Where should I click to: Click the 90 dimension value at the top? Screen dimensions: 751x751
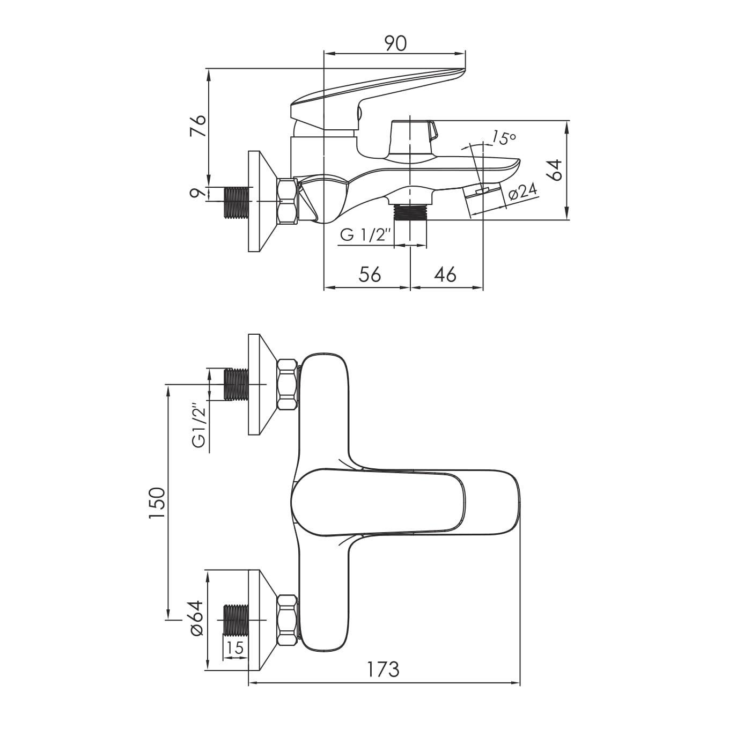point(395,43)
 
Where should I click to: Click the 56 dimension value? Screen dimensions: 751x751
point(370,275)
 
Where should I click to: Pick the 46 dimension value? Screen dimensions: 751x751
point(445,275)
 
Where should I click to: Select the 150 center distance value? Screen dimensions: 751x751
point(157,503)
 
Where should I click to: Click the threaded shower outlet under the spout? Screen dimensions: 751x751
point(410,212)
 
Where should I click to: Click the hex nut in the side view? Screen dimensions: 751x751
point(287,201)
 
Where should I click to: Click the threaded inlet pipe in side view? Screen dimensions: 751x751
point(237,202)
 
